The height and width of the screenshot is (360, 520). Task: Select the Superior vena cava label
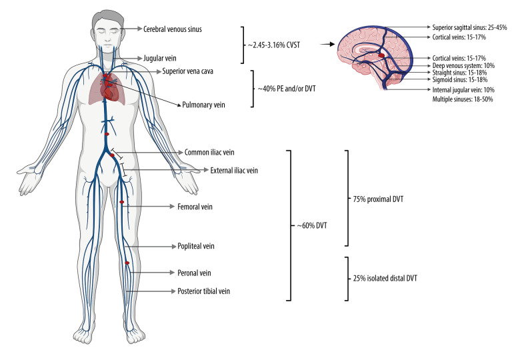tap(188, 71)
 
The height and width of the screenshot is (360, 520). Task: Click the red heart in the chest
tap(111, 88)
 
